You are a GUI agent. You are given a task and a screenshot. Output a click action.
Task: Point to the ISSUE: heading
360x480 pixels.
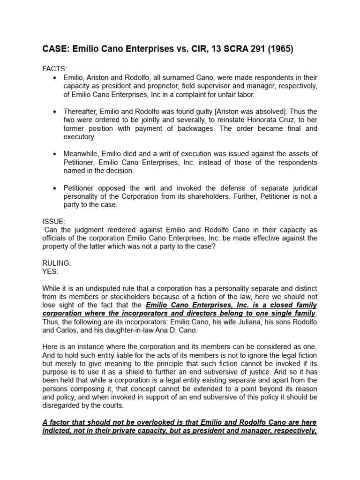click(x=54, y=221)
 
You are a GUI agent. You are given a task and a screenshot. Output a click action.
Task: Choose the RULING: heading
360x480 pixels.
click(x=57, y=263)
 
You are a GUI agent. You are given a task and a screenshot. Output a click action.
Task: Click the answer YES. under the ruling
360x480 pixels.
click(x=50, y=271)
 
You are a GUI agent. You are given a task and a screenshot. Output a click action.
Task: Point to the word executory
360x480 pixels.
click(x=79, y=137)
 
